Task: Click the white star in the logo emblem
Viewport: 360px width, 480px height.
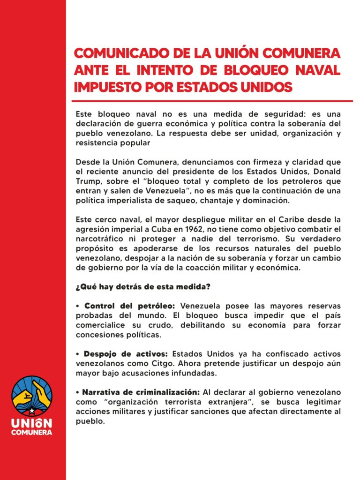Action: (32, 411)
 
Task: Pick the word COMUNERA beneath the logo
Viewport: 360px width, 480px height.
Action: (31, 432)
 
